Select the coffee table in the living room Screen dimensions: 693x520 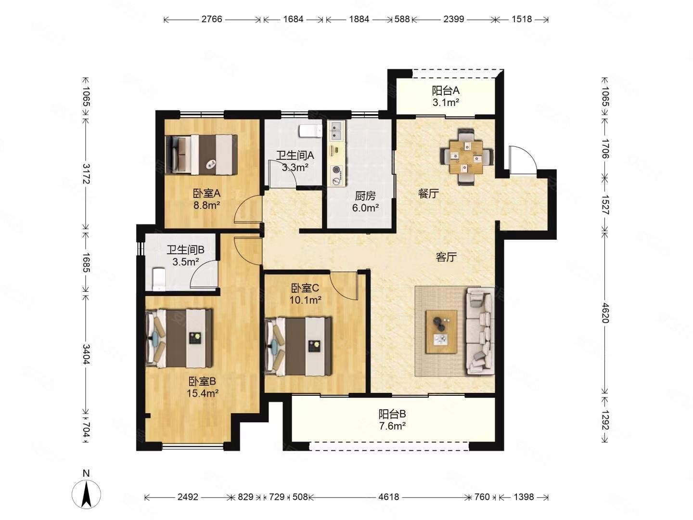pos(441,332)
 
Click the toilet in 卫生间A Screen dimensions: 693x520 pos(310,131)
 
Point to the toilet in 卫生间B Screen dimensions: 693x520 pos(159,279)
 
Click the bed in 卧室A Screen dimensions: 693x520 pos(202,155)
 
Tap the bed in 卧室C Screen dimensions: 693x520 pos(298,346)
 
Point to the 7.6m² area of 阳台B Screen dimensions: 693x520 pos(392,426)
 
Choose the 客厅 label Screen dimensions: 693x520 pos(446,257)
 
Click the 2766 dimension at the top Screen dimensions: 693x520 pos(212,19)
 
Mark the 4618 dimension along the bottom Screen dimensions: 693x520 pos(389,497)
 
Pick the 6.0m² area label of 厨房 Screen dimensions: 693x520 pos(365,208)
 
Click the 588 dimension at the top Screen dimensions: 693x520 pos(402,19)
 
